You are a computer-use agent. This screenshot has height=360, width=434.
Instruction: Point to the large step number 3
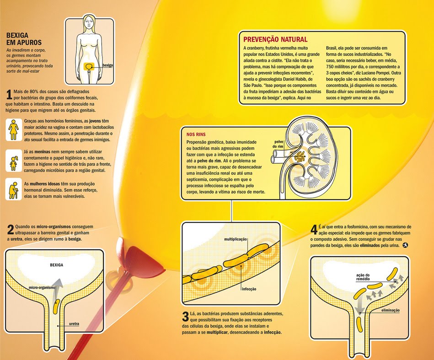[x=185, y=316]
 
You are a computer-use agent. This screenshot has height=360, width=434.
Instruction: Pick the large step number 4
[x=313, y=230]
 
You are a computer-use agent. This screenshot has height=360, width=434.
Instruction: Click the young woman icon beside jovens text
[x=14, y=129]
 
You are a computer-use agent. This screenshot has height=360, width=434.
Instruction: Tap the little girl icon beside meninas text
[x=14, y=160]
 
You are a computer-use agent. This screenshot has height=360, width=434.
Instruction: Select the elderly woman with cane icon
[x=14, y=189]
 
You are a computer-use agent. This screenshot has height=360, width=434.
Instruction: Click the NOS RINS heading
[x=197, y=135]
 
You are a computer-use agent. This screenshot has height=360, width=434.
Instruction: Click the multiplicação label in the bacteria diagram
[x=236, y=239]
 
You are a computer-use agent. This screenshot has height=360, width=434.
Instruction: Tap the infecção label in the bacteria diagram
[x=248, y=289]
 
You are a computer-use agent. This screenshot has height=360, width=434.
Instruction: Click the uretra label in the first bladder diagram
[x=74, y=324]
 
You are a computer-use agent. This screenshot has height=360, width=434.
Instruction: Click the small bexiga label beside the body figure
[x=108, y=65]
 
